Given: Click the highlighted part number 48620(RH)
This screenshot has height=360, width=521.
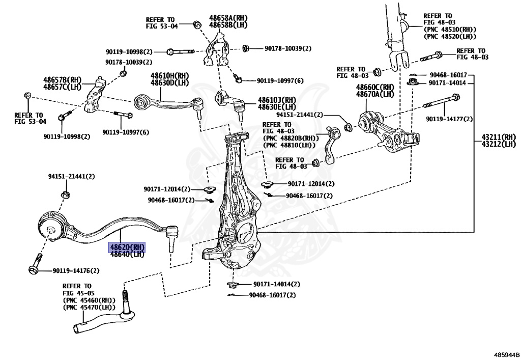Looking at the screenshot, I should [127, 246].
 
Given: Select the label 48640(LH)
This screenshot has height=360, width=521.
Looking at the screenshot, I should [127, 254].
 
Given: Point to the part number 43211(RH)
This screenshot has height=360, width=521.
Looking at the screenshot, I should [499, 137].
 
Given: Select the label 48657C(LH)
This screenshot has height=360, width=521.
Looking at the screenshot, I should [63, 86].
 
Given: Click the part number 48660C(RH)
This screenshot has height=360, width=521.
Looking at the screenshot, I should [375, 87].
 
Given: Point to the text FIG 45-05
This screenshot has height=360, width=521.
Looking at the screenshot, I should [77, 293].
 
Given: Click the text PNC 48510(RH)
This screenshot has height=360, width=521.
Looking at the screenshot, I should [449, 30].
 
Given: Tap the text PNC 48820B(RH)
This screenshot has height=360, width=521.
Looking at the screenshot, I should [291, 138].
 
